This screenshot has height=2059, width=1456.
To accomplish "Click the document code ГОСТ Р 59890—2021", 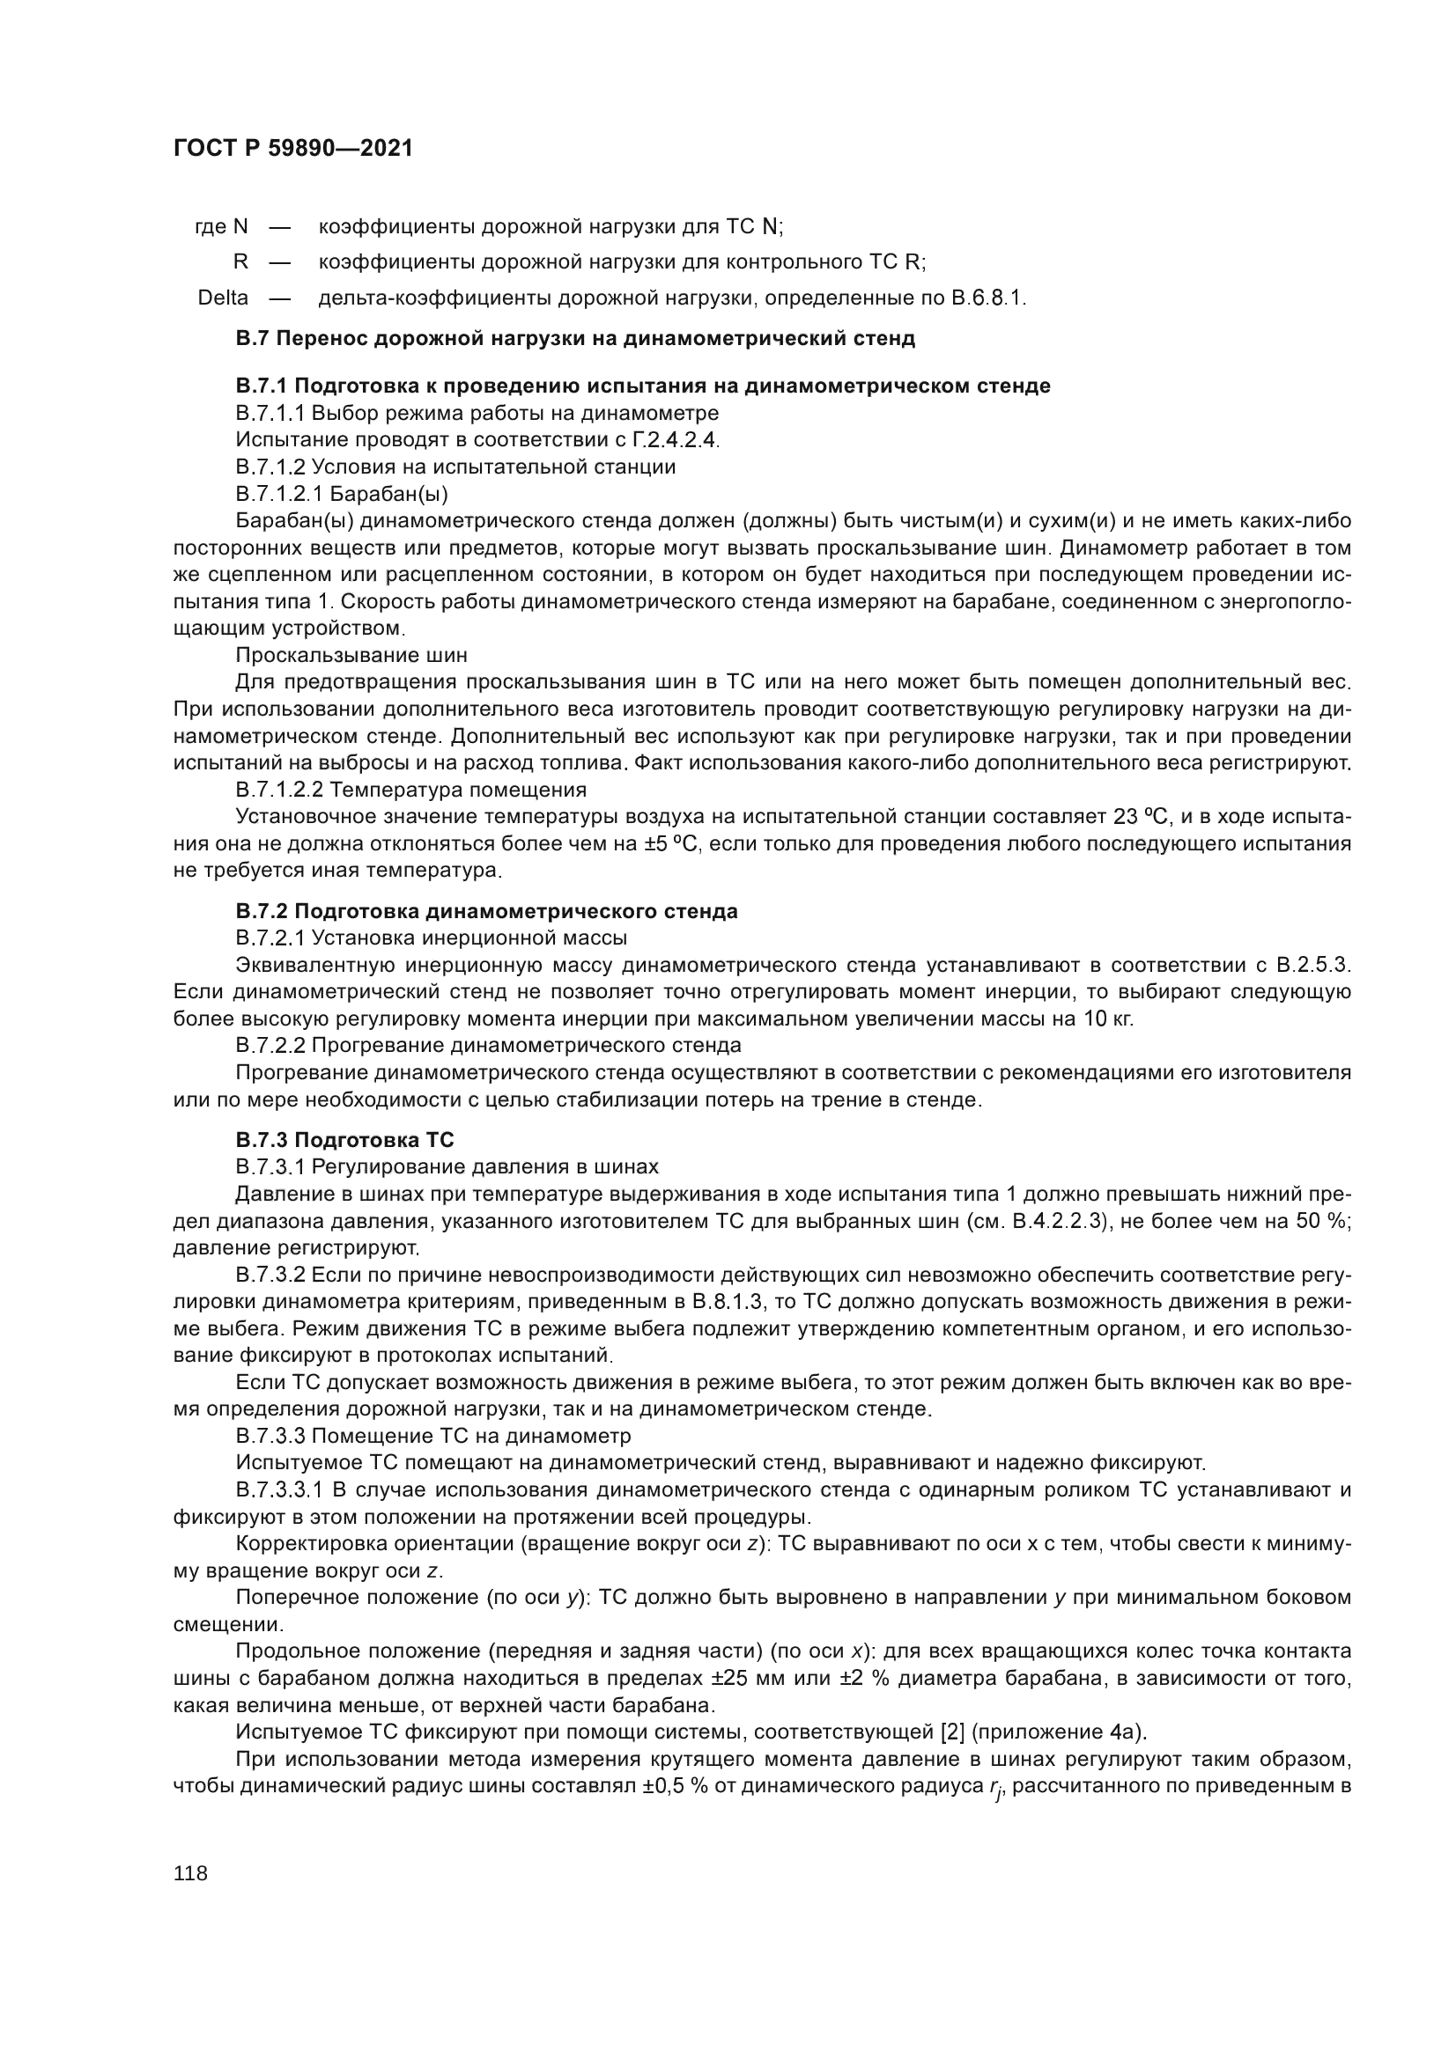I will coord(293,149).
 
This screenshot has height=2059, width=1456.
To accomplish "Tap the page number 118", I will coord(190,1872).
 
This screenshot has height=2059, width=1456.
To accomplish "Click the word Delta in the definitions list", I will coord(223,298).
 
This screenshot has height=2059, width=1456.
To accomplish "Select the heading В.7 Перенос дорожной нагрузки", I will coord(575,338).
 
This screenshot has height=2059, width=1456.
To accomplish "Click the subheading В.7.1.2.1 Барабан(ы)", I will coord(341,493).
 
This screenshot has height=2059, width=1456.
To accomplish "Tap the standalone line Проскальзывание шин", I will coord(351,655).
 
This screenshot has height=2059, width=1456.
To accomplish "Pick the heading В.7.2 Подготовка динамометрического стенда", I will coord(486,911).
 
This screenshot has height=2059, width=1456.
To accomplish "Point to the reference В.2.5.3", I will coord(1312,965).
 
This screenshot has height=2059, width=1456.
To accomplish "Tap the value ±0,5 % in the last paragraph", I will coord(673,1785).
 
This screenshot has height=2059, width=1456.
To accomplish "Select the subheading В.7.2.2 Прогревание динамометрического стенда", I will coord(488,1046).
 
